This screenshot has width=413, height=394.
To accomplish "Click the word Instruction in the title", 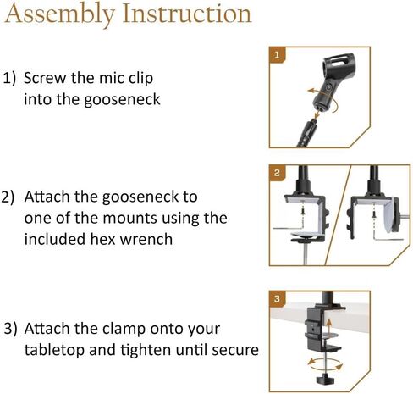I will [183, 14].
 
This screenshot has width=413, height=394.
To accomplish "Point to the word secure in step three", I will [233, 349].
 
